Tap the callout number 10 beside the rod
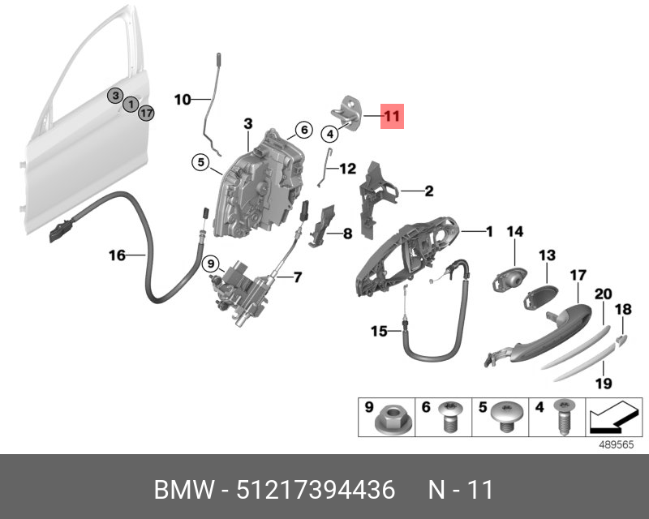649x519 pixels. click(x=183, y=100)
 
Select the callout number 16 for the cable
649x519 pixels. click(x=118, y=255)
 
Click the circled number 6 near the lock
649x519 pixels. click(x=302, y=130)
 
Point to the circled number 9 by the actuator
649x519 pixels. click(x=210, y=263)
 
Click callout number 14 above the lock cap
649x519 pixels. click(x=515, y=233)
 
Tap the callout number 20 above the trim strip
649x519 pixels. click(x=603, y=294)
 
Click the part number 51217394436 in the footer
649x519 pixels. click(x=316, y=490)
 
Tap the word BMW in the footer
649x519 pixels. click(x=183, y=490)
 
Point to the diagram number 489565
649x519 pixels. click(x=617, y=445)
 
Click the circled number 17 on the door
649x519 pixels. click(x=145, y=113)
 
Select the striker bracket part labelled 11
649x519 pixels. click(x=352, y=111)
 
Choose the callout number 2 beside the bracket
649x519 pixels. click(x=428, y=192)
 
